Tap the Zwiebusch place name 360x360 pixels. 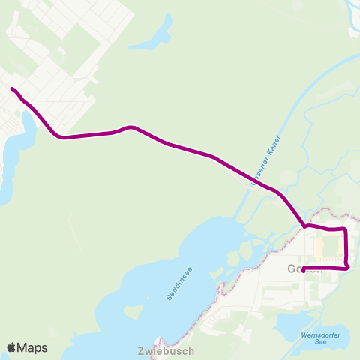tap(166, 350)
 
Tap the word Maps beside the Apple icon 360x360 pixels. tap(32, 347)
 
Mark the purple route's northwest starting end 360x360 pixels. tap(12, 89)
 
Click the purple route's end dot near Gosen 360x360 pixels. tap(303, 270)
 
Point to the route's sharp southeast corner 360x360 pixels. tap(348, 267)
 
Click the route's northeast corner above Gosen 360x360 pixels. tap(344, 229)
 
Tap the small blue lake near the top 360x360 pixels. tap(153, 38)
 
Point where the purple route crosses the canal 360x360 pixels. tap(250, 179)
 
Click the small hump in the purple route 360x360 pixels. tap(130, 127)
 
